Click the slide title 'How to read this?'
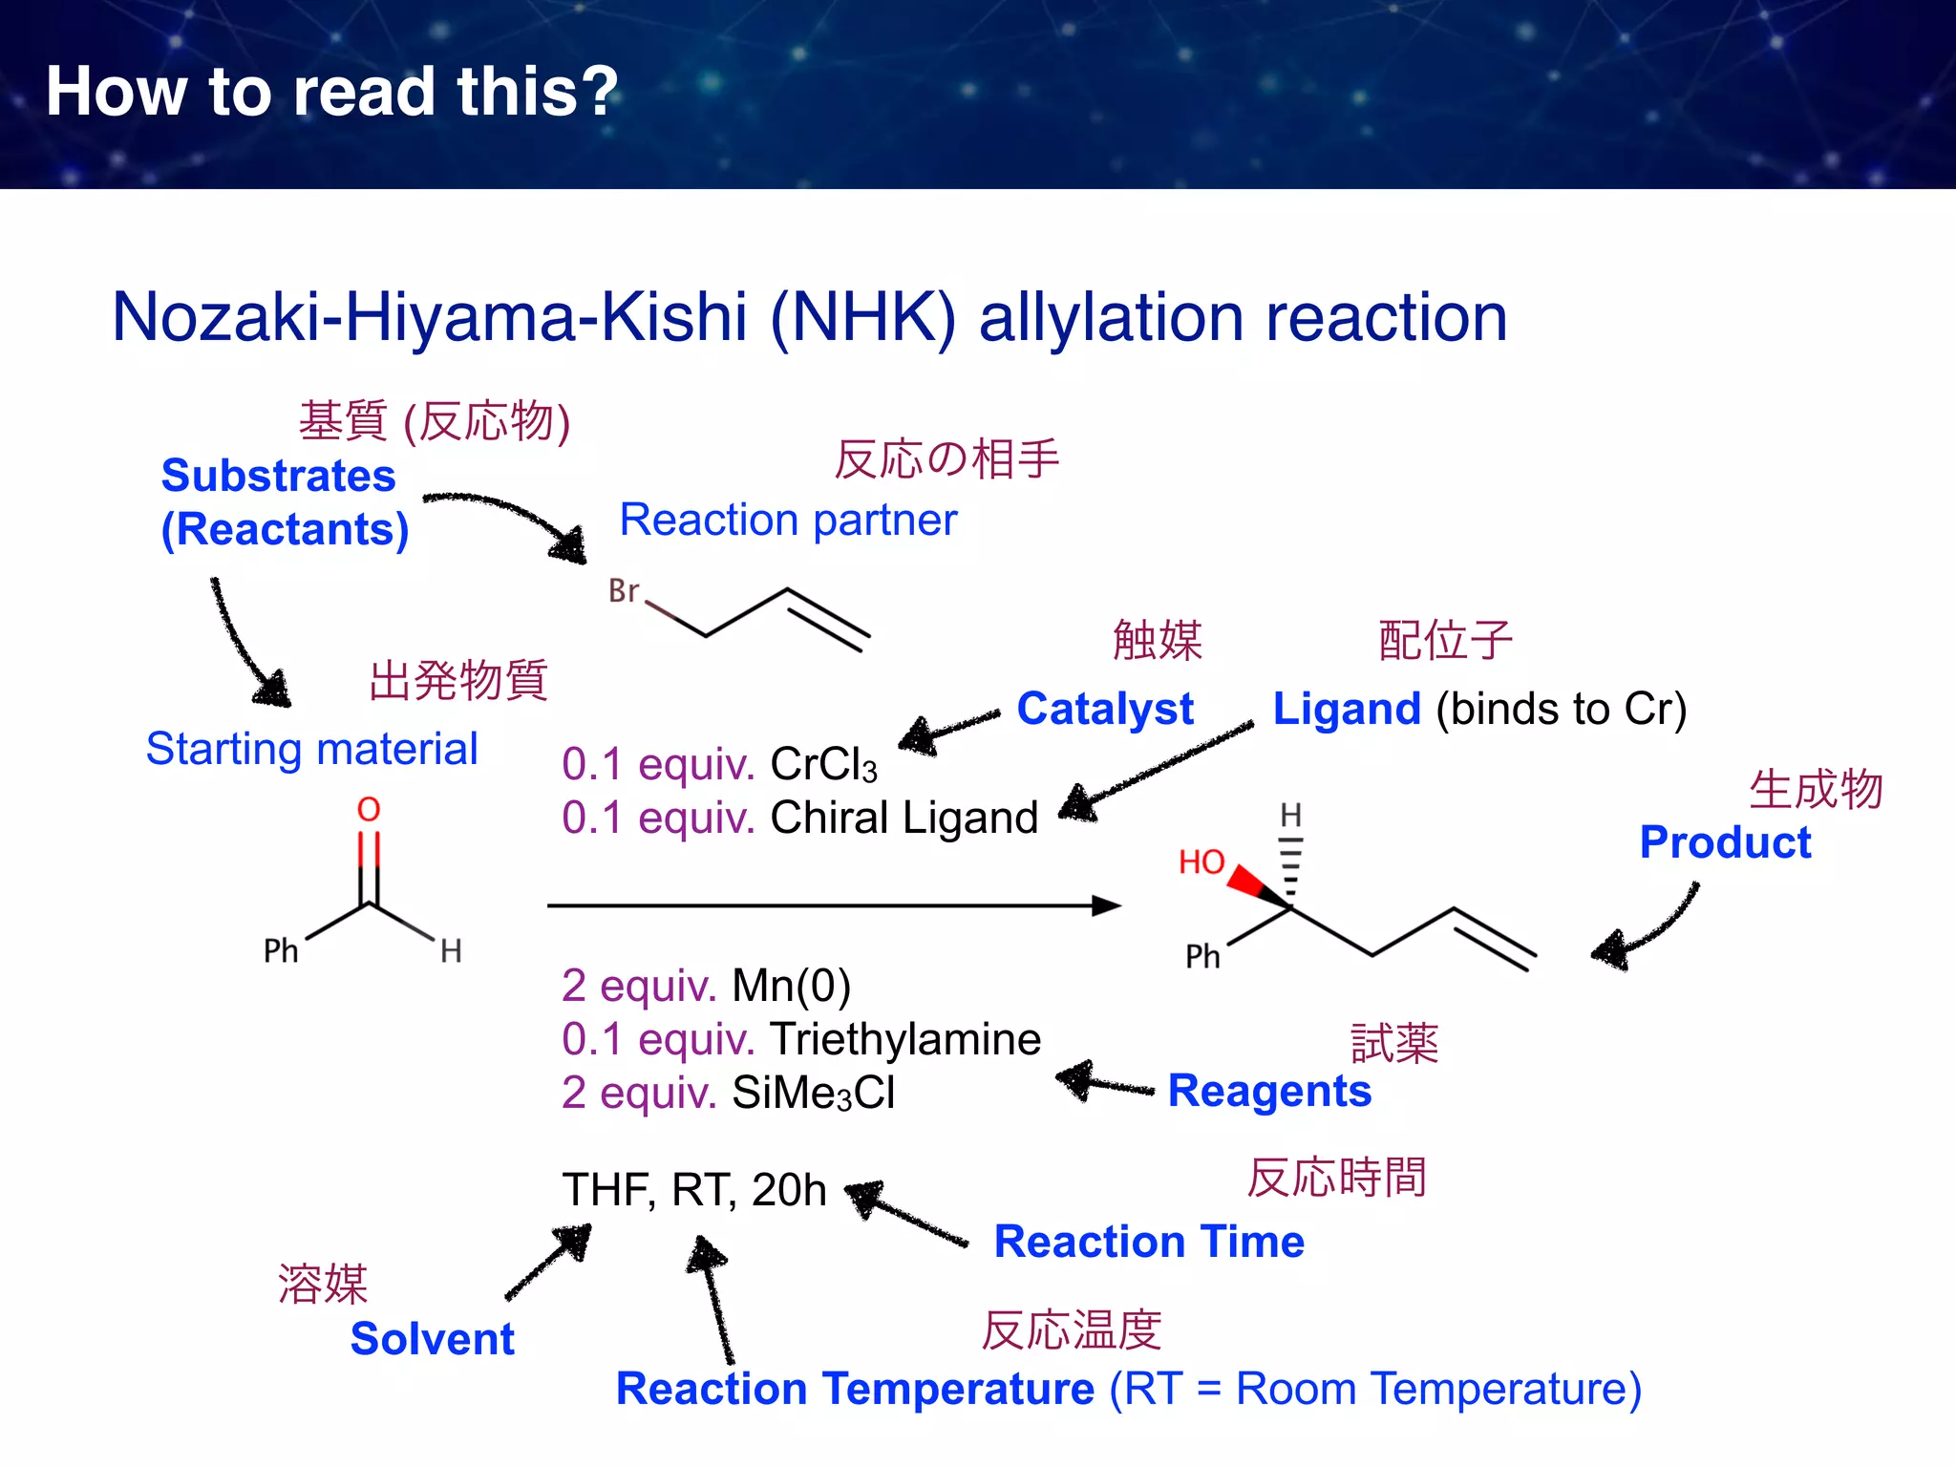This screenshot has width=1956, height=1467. tap(332, 92)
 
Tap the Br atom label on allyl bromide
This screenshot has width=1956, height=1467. tap(624, 591)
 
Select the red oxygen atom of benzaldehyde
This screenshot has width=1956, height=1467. tap(369, 810)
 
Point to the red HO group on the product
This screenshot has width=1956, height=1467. tap(1201, 862)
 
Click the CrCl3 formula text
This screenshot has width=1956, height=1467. tap(823, 764)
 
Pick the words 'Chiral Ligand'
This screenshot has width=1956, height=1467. tap(904, 818)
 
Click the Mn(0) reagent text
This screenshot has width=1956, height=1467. tap(791, 986)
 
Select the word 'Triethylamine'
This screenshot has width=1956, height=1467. tap(905, 1039)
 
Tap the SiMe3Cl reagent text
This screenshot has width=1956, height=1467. tap(814, 1093)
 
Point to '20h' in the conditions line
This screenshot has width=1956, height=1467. tap(789, 1190)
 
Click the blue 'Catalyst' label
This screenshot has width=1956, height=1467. tap(1105, 709)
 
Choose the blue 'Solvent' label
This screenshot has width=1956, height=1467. tap(433, 1339)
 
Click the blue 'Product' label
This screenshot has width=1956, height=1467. tap(1725, 842)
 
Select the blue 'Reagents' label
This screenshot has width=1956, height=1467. tap(1269, 1091)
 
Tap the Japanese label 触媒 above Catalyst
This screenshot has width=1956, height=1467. tap(1158, 640)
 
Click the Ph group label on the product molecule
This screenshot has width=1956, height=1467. tap(1202, 956)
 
